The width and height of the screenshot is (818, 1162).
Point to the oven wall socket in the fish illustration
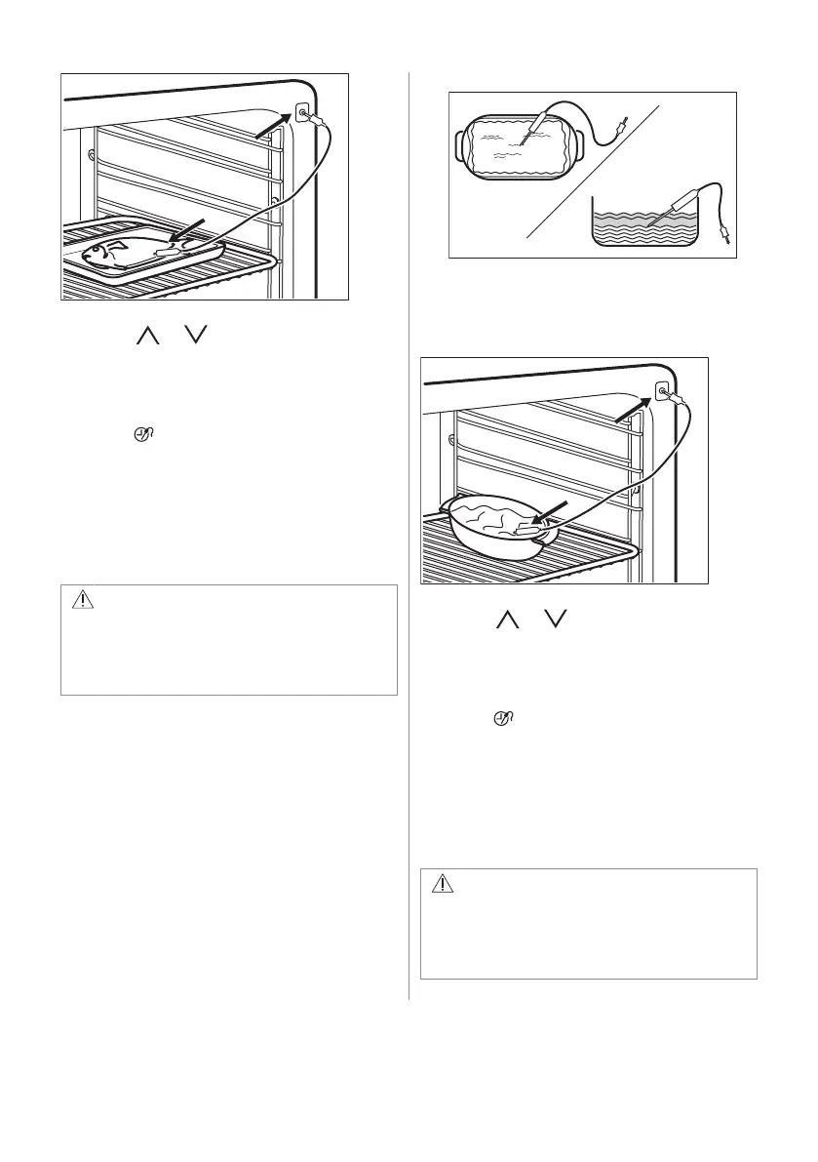[x=302, y=115]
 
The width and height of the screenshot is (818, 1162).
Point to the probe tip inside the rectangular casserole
[x=525, y=142]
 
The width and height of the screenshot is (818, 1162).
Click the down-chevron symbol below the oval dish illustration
[x=558, y=620]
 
